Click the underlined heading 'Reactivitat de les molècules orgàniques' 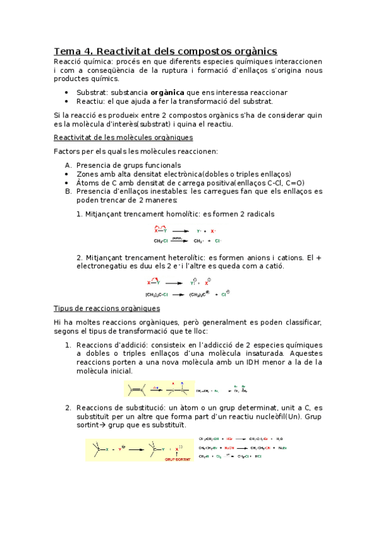(x=123, y=137)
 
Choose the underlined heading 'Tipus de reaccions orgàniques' (x=107, y=309)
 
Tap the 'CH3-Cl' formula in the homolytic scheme (x=162, y=241)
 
